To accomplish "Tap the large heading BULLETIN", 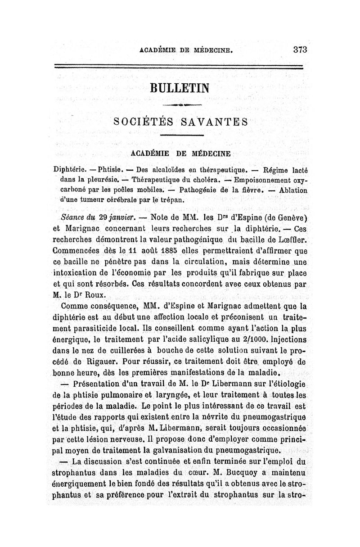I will click(180, 87).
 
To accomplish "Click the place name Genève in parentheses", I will click(287, 217).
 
